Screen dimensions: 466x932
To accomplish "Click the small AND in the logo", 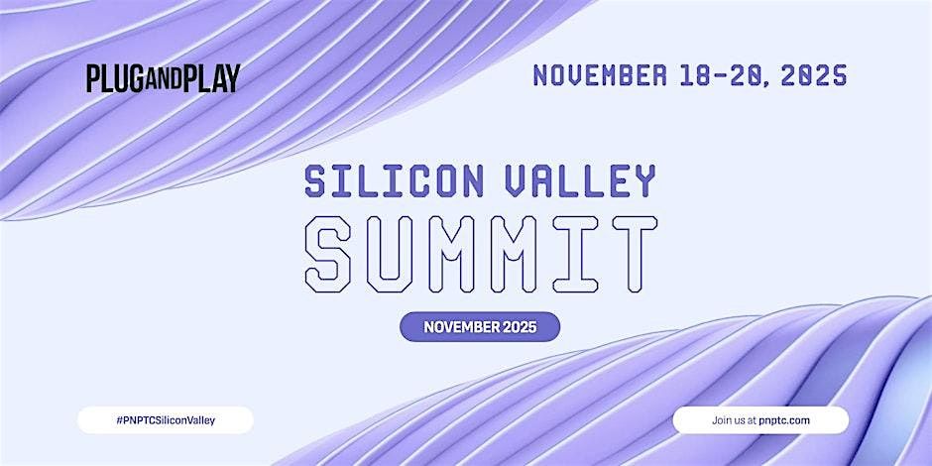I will [162, 78].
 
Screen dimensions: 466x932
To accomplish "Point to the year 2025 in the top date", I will [813, 75].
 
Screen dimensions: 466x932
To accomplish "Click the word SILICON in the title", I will [389, 181].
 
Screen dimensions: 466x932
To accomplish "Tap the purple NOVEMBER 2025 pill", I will [480, 326].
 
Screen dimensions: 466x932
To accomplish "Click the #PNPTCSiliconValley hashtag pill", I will [166, 420].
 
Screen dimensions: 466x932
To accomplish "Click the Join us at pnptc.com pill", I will [760, 420].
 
